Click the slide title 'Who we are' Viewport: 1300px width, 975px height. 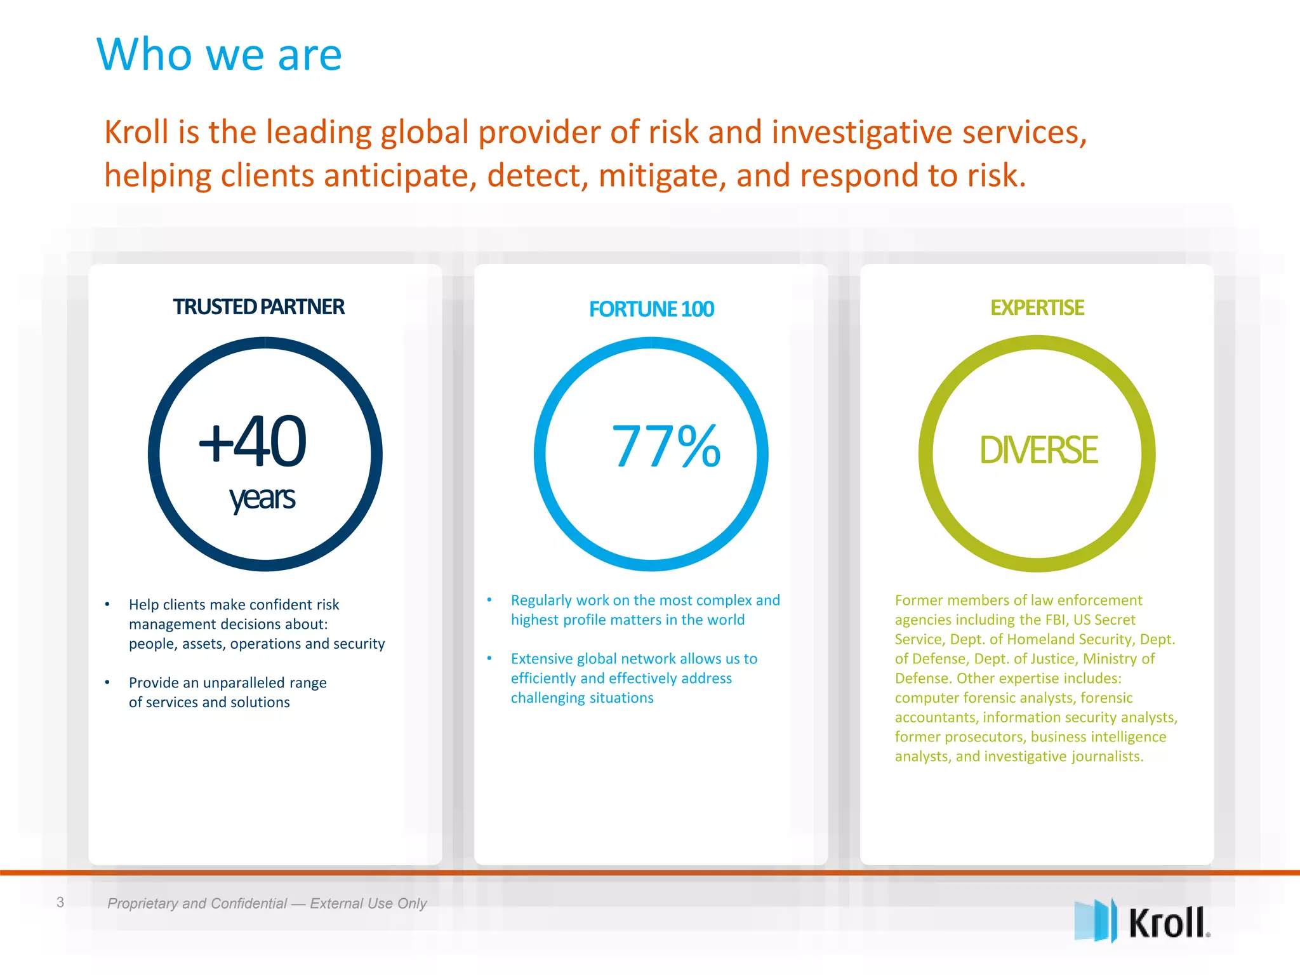point(219,55)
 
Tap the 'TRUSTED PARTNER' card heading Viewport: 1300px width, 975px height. point(258,307)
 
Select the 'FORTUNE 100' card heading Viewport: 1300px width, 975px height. point(651,309)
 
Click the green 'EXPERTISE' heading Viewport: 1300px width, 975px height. point(1037,308)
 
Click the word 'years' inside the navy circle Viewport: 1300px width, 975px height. point(262,498)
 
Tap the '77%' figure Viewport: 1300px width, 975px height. point(666,447)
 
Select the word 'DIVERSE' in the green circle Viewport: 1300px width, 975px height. point(1038,450)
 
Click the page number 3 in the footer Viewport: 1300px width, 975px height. point(60,902)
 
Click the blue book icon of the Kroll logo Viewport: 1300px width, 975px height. point(1095,920)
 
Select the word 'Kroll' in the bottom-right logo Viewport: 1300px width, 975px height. point(1167,923)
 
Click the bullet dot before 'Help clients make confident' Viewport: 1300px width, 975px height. point(107,604)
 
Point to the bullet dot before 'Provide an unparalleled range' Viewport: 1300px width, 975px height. point(107,682)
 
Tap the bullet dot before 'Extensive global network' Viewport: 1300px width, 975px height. point(489,658)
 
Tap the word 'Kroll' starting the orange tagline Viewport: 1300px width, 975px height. point(136,132)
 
